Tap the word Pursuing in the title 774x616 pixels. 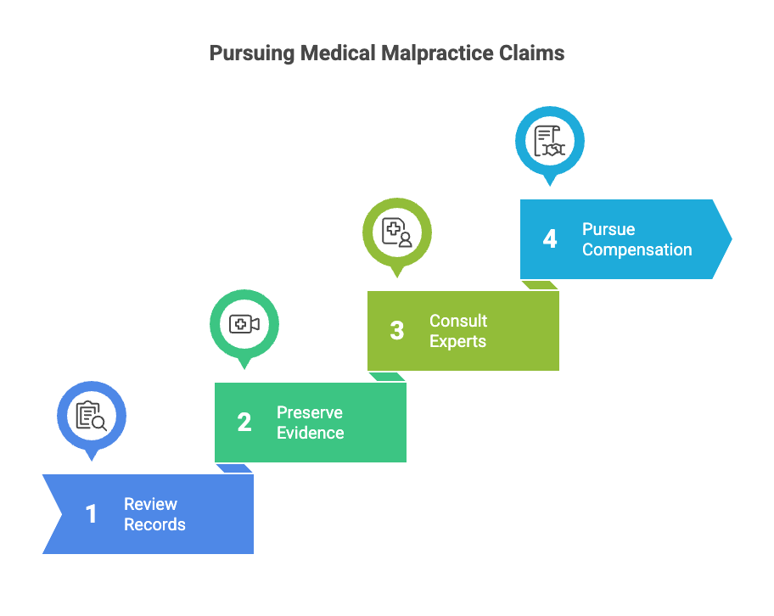(x=252, y=53)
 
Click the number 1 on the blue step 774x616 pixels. (x=91, y=514)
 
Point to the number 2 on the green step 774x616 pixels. (x=244, y=422)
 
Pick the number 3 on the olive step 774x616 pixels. (x=397, y=331)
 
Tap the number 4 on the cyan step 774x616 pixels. (x=550, y=239)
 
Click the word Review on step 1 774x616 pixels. (x=150, y=504)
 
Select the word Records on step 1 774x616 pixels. (x=154, y=524)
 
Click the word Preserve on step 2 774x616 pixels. (x=310, y=412)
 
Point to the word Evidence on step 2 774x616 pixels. (x=311, y=433)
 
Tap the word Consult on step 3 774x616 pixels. (x=458, y=321)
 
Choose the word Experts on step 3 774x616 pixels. (x=458, y=342)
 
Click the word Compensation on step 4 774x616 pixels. (x=637, y=250)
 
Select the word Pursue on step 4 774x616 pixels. (x=609, y=229)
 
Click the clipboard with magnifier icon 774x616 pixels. (x=92, y=416)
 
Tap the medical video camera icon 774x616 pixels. (x=244, y=324)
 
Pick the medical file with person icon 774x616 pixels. (x=397, y=232)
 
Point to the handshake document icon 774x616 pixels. (x=549, y=141)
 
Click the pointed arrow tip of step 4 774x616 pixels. (x=731, y=239)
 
